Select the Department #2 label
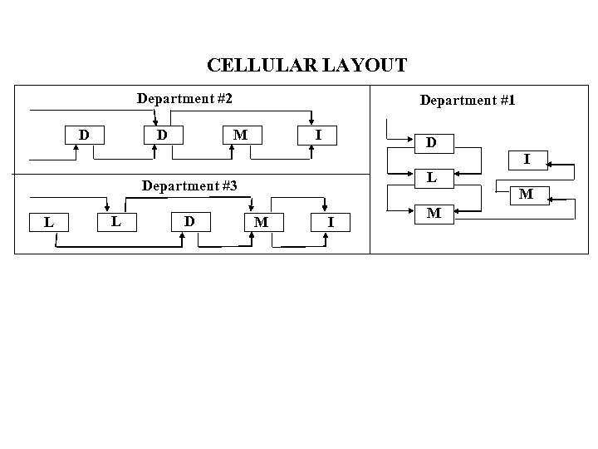tap(184, 99)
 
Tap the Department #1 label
tap(468, 100)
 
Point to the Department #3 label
tap(190, 185)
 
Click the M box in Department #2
tap(240, 134)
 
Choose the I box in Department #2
tap(319, 134)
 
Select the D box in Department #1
tap(431, 142)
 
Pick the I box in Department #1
tap(527, 158)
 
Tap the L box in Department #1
tap(431, 177)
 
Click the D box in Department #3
tap(190, 220)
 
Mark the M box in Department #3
tap(261, 221)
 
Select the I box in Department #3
tap(331, 221)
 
